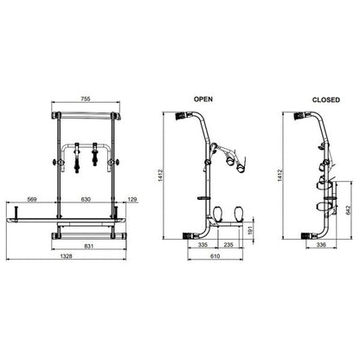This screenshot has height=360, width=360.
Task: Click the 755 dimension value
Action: tap(86, 99)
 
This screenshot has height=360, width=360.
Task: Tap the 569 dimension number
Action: tap(31, 199)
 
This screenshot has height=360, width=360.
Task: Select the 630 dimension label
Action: tap(86, 199)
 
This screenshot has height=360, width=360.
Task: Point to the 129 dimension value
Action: tap(132, 199)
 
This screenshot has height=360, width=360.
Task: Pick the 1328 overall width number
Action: tap(66, 256)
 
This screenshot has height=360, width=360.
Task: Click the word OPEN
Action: tap(203, 100)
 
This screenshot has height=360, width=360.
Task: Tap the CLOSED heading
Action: tap(326, 100)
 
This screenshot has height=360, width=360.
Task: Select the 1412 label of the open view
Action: tap(161, 176)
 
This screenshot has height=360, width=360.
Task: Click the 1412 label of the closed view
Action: tap(280, 176)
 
